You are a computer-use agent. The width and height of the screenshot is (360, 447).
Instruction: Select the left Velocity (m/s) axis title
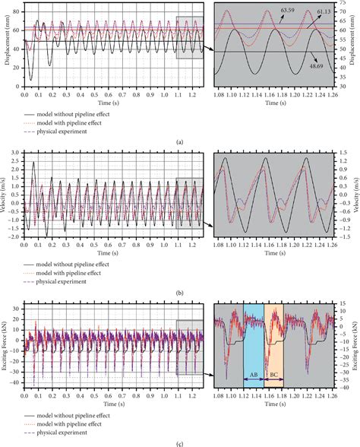[x=6, y=195]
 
